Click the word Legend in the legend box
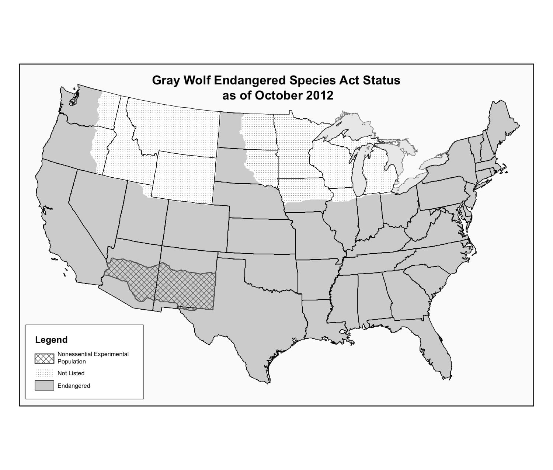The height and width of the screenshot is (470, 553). click(51, 340)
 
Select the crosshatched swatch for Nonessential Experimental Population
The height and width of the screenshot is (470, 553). click(44, 358)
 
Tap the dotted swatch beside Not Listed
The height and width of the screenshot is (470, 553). click(44, 373)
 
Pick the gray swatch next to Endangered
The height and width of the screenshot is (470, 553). click(44, 386)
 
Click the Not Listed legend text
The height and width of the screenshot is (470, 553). click(71, 373)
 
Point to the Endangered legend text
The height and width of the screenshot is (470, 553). click(74, 386)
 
